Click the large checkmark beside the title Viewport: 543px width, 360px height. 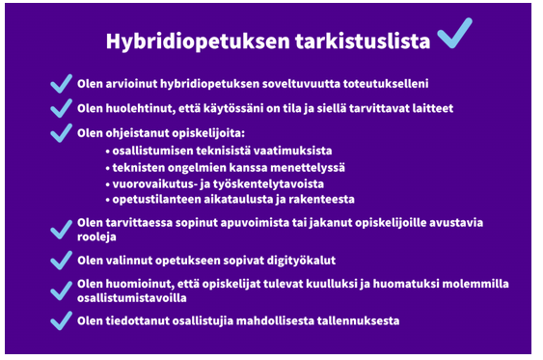pyautogui.click(x=454, y=36)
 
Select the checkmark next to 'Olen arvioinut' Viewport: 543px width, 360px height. pyautogui.click(x=62, y=84)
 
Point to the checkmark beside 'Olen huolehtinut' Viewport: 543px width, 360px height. pyautogui.click(x=62, y=108)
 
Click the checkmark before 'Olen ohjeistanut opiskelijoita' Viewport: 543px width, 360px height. pyautogui.click(x=62, y=132)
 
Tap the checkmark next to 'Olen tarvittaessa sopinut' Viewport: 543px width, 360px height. pyautogui.click(x=62, y=229)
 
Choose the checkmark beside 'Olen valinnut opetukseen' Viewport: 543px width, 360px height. pyautogui.click(x=62, y=260)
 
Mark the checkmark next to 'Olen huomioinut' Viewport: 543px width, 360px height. pyautogui.click(x=62, y=290)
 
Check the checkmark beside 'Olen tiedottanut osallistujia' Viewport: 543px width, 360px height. pyautogui.click(x=62, y=319)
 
